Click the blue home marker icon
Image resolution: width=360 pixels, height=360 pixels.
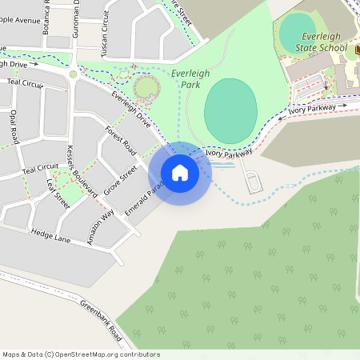(180, 172)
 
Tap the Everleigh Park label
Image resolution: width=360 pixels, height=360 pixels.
(190, 78)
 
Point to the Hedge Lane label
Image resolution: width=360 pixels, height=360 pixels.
(51, 234)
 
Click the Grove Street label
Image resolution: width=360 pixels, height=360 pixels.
(120, 183)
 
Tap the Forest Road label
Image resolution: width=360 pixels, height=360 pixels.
(122, 144)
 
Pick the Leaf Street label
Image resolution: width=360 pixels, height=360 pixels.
(58, 194)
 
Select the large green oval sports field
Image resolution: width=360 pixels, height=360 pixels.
(230, 110)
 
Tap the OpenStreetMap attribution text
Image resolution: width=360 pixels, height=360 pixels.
(81, 354)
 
